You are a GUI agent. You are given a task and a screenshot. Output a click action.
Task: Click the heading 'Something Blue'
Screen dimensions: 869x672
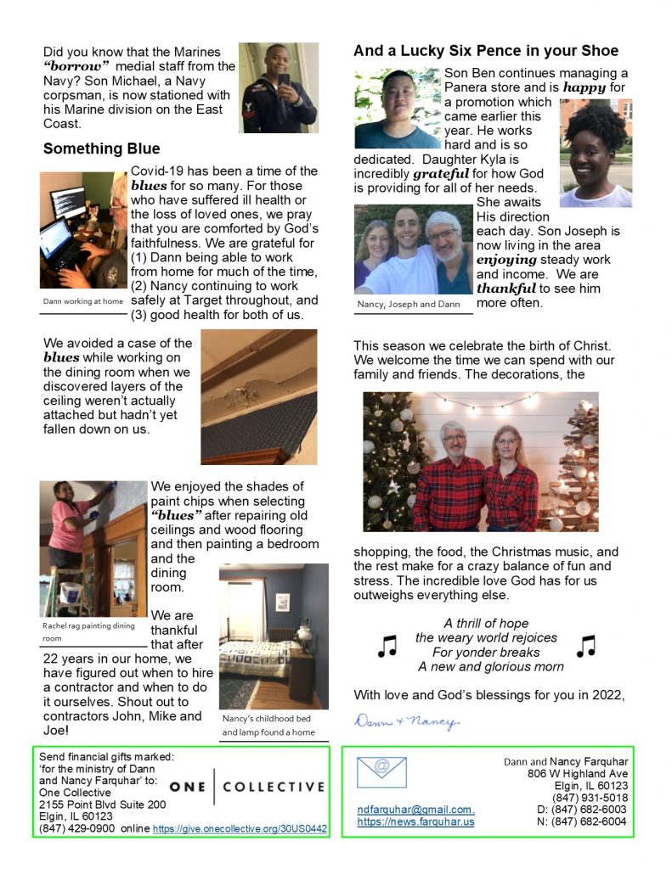101,149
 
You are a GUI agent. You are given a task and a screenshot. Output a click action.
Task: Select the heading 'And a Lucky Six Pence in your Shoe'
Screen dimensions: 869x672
485,52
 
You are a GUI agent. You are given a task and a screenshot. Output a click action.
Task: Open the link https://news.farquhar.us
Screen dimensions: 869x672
415,821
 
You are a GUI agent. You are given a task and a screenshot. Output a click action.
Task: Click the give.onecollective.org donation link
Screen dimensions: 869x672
240,828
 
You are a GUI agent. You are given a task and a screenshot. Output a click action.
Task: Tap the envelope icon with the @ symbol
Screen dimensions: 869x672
381,771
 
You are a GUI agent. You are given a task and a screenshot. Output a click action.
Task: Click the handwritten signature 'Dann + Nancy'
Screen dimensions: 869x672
405,722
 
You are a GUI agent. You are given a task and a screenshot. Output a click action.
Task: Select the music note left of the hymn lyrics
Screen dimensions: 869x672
387,647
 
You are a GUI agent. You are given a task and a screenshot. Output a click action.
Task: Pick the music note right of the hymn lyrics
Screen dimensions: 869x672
585,647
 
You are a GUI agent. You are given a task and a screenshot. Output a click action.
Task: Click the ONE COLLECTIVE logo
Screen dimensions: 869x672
246,787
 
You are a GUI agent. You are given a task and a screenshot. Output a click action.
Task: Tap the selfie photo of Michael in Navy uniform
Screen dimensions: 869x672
278,87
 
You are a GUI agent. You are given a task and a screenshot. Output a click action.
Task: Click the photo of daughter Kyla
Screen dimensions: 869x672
596,154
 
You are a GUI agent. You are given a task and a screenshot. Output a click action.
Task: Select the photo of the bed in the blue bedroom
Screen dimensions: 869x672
274,636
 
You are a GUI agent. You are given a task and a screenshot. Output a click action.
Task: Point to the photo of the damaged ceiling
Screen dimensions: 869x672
258,397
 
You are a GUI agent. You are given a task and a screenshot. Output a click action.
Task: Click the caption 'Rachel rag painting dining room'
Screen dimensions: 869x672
88,631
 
